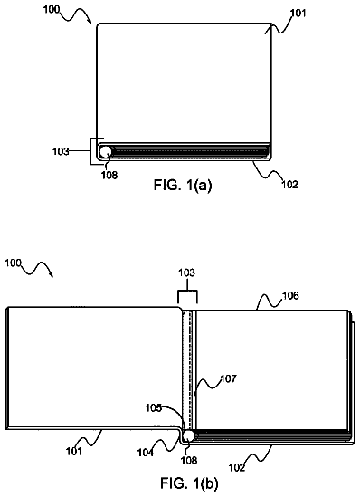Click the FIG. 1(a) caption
(183, 185)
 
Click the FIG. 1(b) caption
(189, 483)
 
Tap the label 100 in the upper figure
(52, 10)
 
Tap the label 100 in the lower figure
(13, 263)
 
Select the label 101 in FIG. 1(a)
(298, 14)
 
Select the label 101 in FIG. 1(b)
(74, 451)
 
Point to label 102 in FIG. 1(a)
(289, 185)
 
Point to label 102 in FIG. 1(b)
(237, 467)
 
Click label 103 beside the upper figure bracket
(61, 151)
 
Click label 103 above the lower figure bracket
(187, 272)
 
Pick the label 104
(146, 454)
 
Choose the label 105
(154, 408)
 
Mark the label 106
(290, 295)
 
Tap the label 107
(228, 378)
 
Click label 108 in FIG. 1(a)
(109, 175)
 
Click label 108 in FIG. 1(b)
(189, 460)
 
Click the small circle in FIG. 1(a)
(106, 151)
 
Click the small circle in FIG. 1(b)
(189, 435)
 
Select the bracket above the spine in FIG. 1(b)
(187, 290)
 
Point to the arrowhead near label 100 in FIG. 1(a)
(90, 21)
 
